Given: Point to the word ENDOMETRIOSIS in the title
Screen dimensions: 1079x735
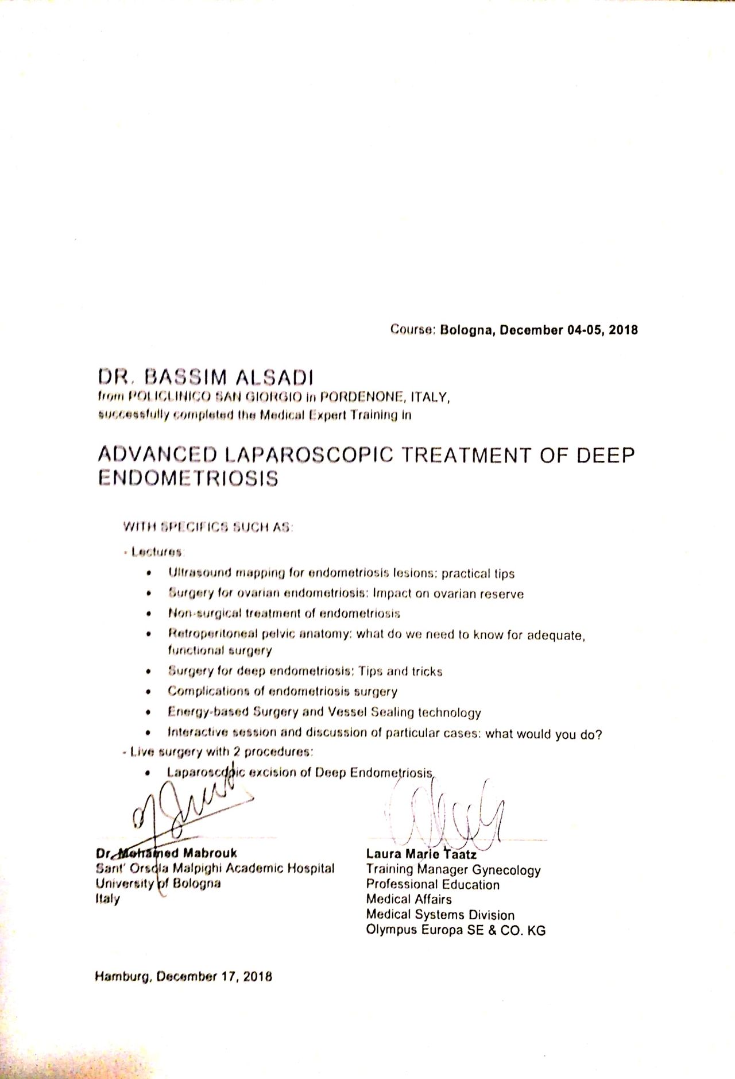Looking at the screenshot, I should coord(188,479).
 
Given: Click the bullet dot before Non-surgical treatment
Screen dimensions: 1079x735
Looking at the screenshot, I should coord(149,614).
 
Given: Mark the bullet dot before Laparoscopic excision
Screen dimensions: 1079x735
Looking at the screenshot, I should coord(149,773).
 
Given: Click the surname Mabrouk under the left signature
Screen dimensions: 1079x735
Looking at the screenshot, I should coord(210,853).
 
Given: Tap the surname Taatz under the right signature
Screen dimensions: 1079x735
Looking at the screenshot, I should coord(459,854).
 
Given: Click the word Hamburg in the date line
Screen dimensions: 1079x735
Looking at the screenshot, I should coord(123,977).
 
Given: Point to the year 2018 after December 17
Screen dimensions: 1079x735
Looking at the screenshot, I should coord(257,977).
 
